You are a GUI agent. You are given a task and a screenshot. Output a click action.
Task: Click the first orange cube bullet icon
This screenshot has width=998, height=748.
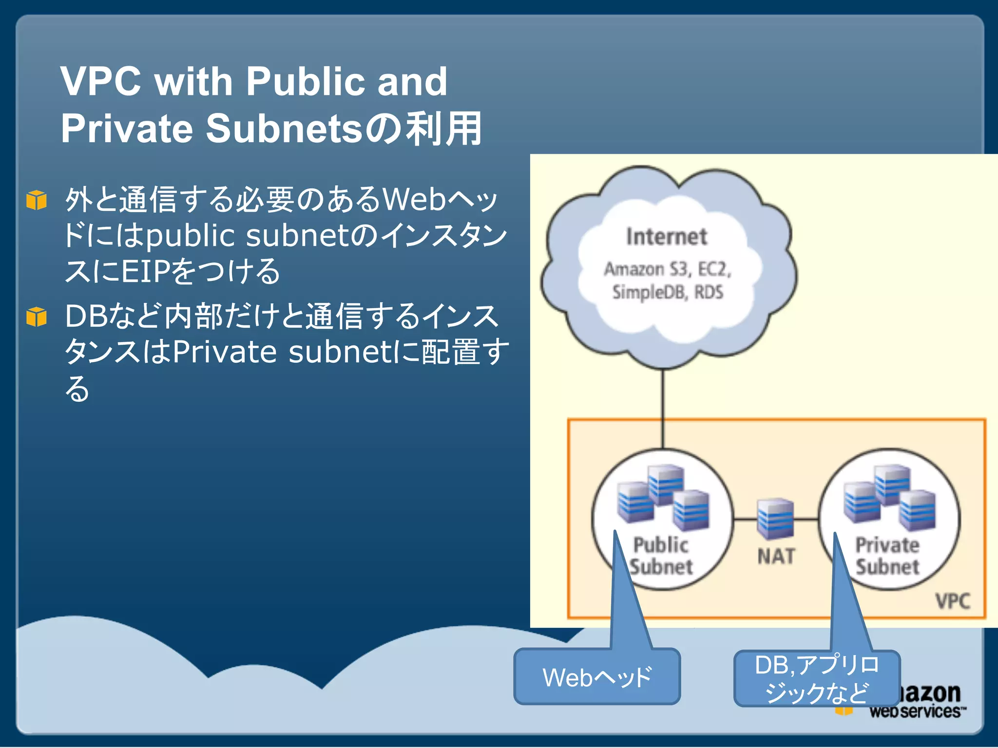point(37,200)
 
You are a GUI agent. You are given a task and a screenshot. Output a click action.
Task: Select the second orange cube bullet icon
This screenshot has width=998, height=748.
point(37,317)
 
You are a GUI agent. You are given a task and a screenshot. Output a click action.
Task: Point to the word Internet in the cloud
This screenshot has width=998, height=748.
point(666,237)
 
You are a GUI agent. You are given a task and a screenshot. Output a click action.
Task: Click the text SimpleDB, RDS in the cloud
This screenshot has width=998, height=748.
point(668,292)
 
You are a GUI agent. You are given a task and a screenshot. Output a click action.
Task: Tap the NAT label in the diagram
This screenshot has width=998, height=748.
point(776,556)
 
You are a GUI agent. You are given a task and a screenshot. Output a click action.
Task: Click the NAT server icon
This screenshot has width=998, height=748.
point(775,519)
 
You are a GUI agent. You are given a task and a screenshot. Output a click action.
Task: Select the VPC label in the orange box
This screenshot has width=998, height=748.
point(953,601)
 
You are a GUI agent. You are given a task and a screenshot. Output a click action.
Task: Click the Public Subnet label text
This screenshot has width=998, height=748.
point(661,556)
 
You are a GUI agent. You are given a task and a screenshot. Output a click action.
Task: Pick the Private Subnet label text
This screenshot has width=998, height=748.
point(887,556)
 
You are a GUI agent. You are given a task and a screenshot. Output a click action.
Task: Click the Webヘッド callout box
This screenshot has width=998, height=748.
point(597,677)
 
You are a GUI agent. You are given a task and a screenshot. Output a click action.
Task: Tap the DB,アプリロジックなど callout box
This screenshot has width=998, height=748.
point(817,678)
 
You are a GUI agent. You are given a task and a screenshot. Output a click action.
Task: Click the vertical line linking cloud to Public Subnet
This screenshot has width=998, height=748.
point(663,409)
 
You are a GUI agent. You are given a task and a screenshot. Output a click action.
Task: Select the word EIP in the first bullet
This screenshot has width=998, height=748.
point(146,271)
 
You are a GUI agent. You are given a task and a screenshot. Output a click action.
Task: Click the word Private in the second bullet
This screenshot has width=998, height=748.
point(225,352)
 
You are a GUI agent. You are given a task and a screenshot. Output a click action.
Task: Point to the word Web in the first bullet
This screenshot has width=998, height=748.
point(414,200)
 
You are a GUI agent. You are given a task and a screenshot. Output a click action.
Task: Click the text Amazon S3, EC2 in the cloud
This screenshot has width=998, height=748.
point(668,269)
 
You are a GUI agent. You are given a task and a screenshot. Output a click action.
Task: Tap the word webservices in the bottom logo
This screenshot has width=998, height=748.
point(916,711)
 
